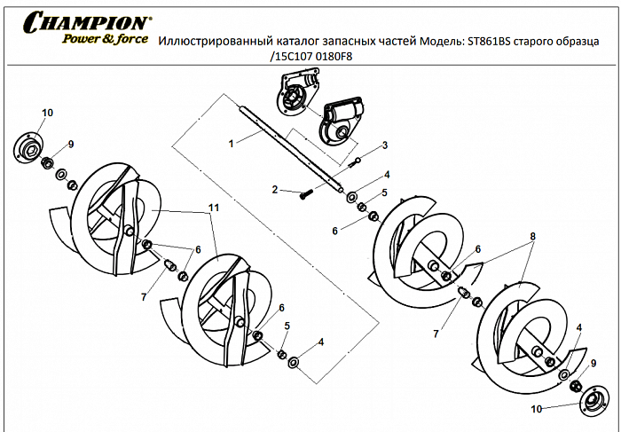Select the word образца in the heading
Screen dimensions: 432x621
[589, 41]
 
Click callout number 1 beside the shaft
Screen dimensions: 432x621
[231, 142]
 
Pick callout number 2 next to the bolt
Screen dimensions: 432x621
[276, 189]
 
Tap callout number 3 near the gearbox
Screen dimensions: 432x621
[384, 145]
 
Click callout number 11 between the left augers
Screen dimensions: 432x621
[213, 207]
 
